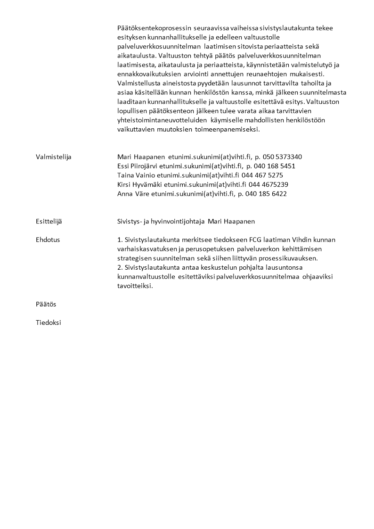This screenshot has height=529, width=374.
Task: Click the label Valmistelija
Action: click(53, 157)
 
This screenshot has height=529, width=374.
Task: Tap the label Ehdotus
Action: click(48, 240)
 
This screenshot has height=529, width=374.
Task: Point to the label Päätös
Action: click(46, 305)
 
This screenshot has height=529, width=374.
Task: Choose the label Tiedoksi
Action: click(48, 323)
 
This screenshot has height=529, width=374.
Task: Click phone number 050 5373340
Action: click(282, 157)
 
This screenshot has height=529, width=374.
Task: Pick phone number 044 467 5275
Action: click(262, 175)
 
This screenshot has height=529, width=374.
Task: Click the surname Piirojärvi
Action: click(144, 166)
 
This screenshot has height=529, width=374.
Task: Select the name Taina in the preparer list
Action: click(126, 175)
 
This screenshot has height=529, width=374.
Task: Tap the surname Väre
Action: click(142, 194)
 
